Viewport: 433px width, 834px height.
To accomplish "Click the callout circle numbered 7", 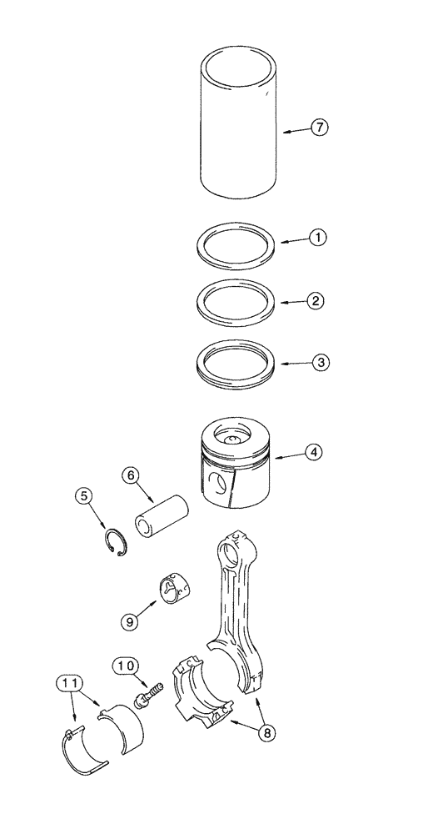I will point(321,128).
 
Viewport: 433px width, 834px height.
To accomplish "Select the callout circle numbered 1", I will point(317,237).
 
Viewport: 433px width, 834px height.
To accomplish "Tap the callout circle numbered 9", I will point(128,621).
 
